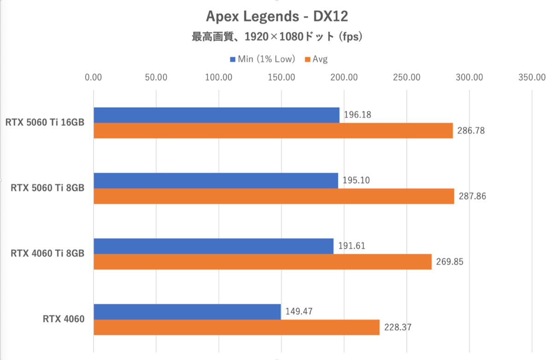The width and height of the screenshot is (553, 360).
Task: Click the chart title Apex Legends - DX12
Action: (x=276, y=17)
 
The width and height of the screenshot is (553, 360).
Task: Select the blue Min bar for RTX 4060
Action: (x=187, y=312)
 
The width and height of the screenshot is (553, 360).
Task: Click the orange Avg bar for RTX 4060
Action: (x=236, y=327)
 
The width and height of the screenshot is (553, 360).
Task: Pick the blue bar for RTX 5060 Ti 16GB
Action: (x=216, y=115)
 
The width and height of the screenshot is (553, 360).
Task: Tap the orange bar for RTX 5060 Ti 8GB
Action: (x=274, y=196)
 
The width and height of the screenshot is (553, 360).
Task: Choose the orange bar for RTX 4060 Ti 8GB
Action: (x=262, y=262)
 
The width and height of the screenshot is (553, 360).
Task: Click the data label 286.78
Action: (x=471, y=131)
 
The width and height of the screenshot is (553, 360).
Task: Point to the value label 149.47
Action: (x=299, y=311)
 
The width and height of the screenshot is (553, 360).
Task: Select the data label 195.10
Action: (x=356, y=180)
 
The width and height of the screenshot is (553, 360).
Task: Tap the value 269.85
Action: (x=450, y=262)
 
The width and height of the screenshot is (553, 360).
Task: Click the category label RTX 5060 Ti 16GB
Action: (x=45, y=123)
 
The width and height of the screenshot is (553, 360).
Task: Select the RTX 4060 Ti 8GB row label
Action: (x=47, y=254)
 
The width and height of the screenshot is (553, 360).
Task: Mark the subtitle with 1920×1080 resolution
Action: (x=276, y=37)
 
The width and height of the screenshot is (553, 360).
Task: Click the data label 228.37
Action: (x=398, y=328)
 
